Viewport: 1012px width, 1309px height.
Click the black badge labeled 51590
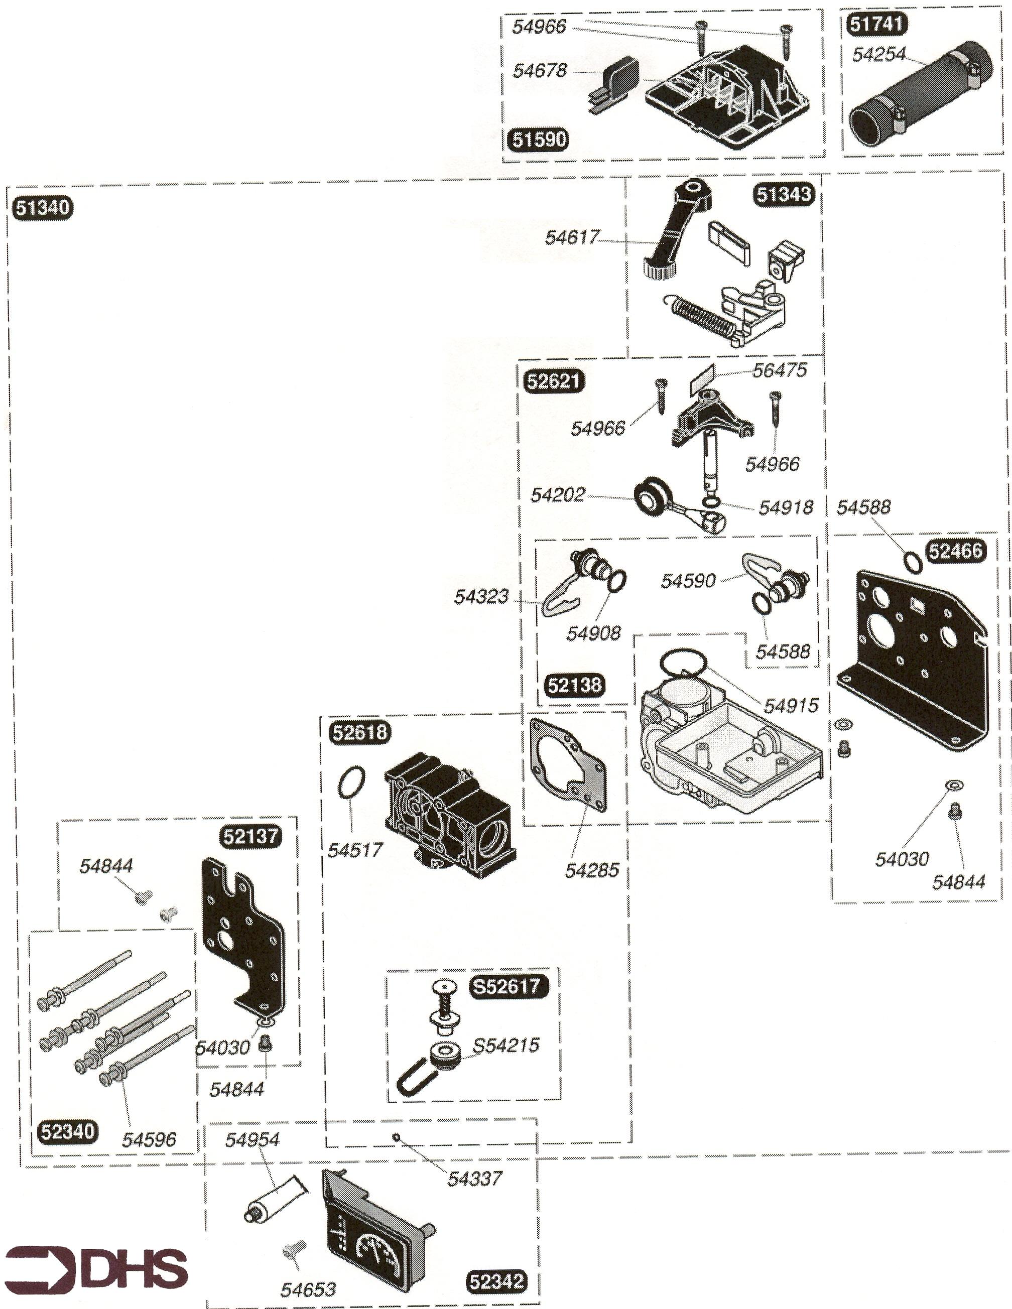[538, 139]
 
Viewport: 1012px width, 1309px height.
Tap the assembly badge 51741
[877, 24]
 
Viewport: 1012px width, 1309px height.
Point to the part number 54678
[540, 70]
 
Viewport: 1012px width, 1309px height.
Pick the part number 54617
[571, 237]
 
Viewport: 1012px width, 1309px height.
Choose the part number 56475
[780, 370]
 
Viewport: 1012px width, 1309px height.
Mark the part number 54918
[786, 507]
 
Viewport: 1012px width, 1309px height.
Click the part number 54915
[791, 706]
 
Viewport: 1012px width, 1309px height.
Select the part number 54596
[149, 1139]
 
